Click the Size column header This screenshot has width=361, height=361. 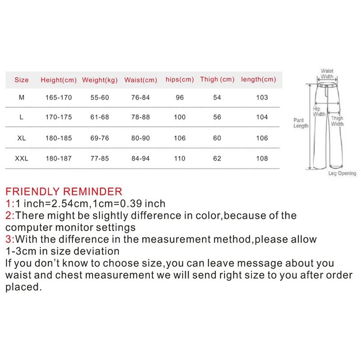pos(21,80)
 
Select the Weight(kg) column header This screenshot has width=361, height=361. pos(100,80)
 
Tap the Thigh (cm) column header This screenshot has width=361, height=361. pos(217,79)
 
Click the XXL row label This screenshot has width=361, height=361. pos(21,158)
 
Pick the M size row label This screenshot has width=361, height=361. pos(21,97)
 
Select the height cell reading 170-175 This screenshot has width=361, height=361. pos(58,117)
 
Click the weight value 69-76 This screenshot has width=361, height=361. pos(100,138)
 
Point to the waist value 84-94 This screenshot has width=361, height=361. pos(141,158)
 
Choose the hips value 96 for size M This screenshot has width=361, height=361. pos(180,97)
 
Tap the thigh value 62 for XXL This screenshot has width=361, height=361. pos(217,158)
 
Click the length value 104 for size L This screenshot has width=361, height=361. pos(262,117)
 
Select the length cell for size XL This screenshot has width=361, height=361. pos(262,138)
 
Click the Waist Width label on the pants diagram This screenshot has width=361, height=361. pos(327,74)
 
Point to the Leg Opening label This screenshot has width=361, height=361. pos(342,173)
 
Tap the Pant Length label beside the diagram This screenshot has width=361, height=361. pos(301,123)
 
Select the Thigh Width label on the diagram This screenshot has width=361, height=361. pos(338,121)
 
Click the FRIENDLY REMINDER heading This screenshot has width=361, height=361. pos(64,191)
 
